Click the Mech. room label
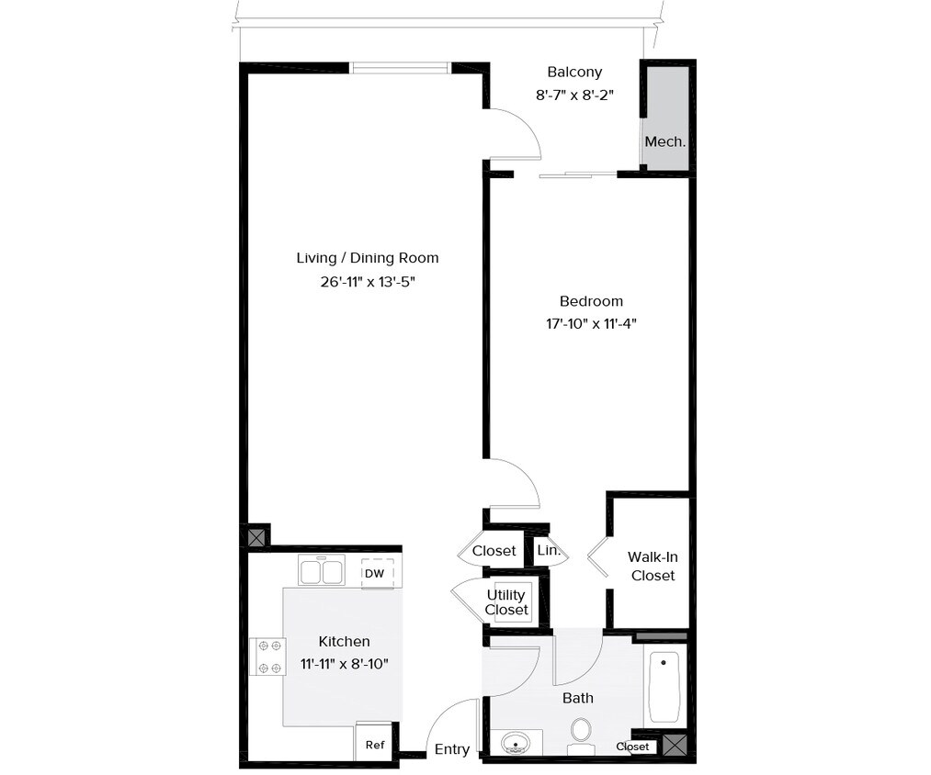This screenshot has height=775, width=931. click(664, 141)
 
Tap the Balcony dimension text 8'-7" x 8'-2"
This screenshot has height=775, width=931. click(574, 94)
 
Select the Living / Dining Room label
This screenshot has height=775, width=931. click(367, 258)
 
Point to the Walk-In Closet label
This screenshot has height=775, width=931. click(653, 566)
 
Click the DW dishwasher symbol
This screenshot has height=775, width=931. click(375, 574)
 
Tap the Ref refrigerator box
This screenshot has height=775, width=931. click(375, 745)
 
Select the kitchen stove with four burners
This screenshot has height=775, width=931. click(267, 657)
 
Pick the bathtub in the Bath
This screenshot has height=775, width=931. click(663, 687)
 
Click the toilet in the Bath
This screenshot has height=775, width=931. click(581, 732)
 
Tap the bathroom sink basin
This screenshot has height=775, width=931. click(516, 742)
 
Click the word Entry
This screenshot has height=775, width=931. click(452, 749)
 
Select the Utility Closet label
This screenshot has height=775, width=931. click(507, 602)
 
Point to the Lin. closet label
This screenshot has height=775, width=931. click(549, 551)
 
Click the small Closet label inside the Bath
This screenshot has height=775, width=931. click(632, 747)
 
